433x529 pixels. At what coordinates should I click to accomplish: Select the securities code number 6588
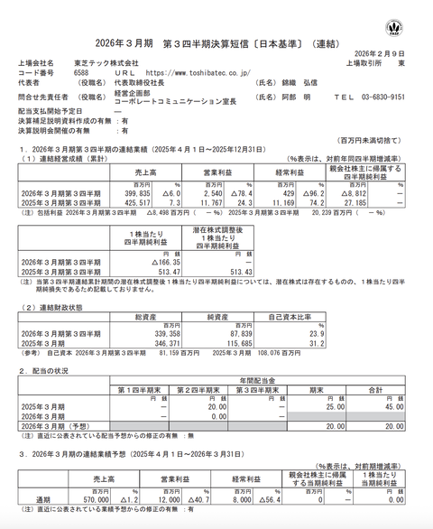pos(80,72)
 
